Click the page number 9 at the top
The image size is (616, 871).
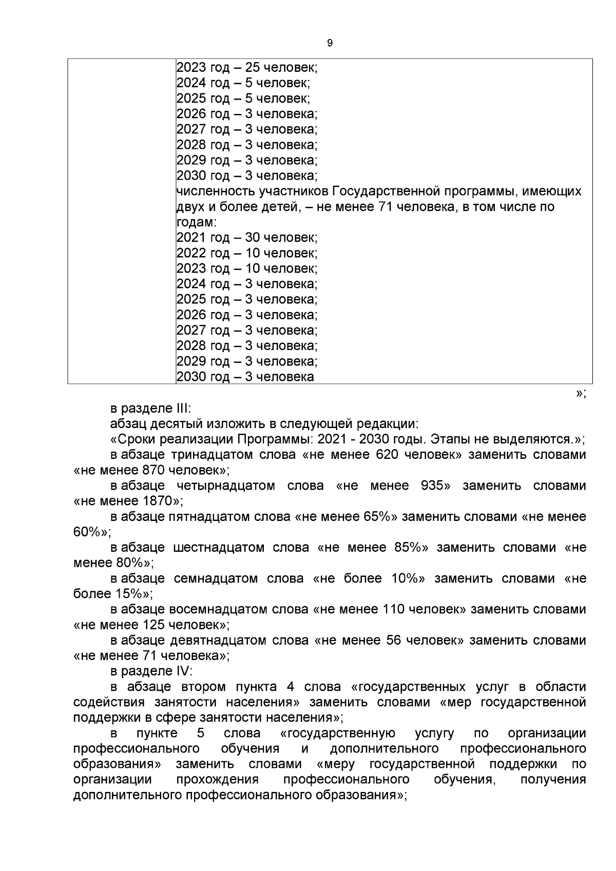[x=330, y=44]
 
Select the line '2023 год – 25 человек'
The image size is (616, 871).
[x=247, y=67]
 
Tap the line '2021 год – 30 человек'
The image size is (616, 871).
[x=247, y=238]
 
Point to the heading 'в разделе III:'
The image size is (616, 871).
[x=150, y=409]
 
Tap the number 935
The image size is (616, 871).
[x=435, y=486]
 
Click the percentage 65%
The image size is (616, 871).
[x=380, y=516]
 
